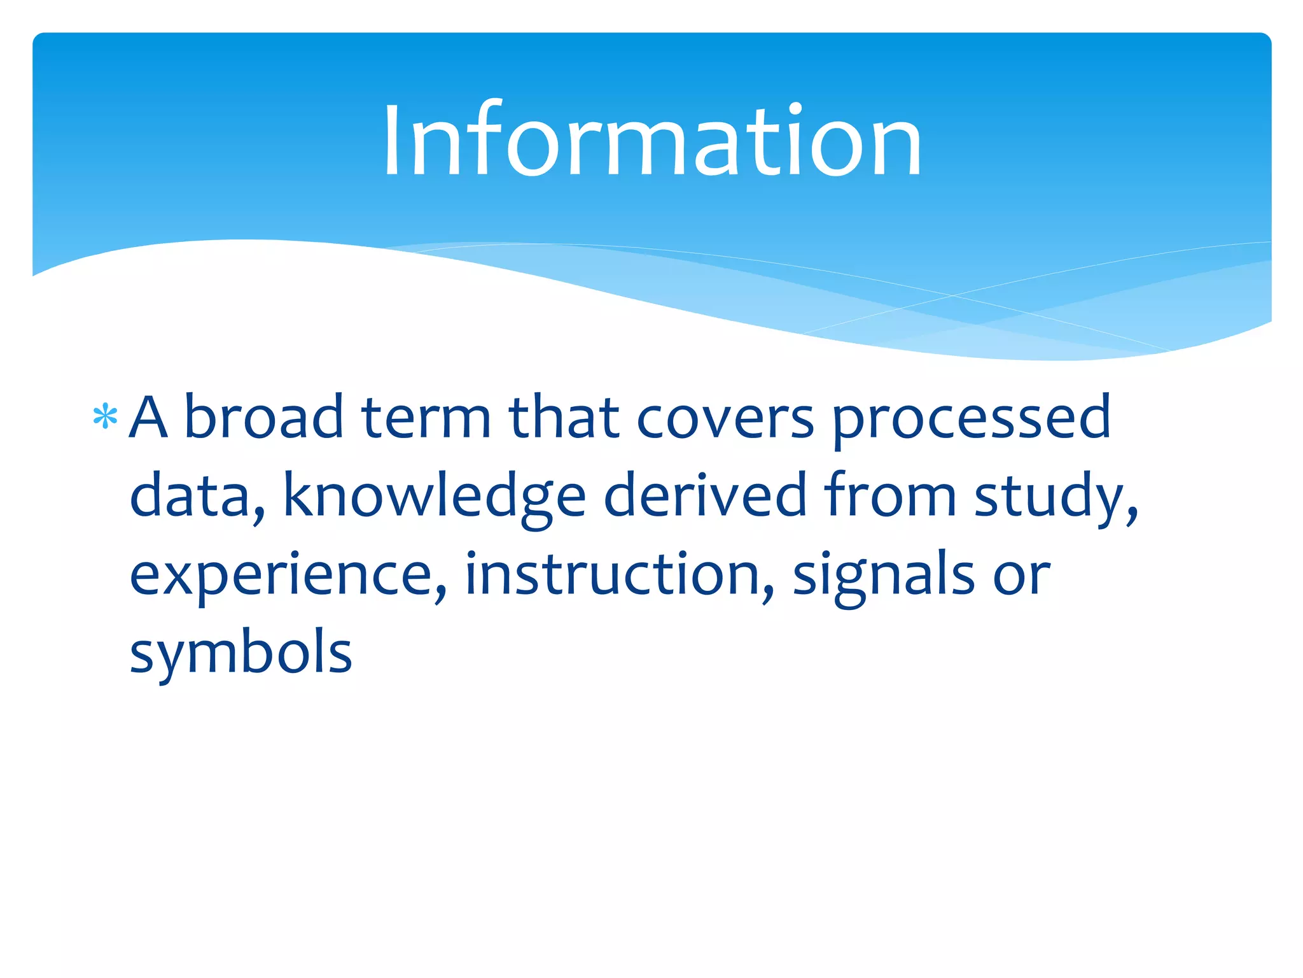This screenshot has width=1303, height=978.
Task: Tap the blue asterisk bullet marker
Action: pos(105,418)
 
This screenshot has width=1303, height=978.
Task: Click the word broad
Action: pos(263,418)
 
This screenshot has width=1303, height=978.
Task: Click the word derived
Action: pos(705,495)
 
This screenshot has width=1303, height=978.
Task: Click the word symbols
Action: pos(240,653)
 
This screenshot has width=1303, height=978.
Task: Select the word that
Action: pos(564,418)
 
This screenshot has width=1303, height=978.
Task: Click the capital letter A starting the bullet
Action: pos(148,418)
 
